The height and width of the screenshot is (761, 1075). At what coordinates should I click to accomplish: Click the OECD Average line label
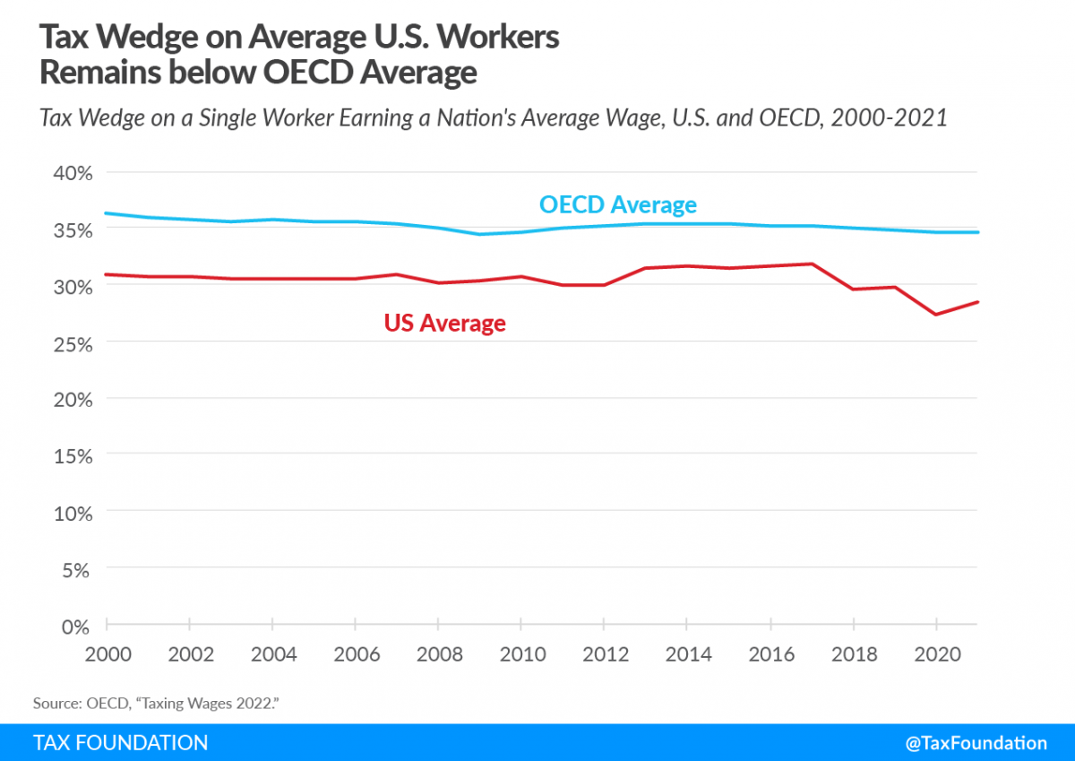617,205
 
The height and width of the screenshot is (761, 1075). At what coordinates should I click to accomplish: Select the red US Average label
444,323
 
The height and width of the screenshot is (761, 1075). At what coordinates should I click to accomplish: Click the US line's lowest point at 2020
935,315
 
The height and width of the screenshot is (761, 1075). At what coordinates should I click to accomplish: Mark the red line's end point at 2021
976,302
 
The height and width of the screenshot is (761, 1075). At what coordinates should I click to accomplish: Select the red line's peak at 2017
812,264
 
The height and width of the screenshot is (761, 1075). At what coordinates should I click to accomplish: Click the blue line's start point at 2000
107,213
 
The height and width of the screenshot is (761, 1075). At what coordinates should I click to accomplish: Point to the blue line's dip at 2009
480,234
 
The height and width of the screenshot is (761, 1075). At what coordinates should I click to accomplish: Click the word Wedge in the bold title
142,39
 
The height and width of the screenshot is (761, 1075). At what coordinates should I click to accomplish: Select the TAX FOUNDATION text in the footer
120,742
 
